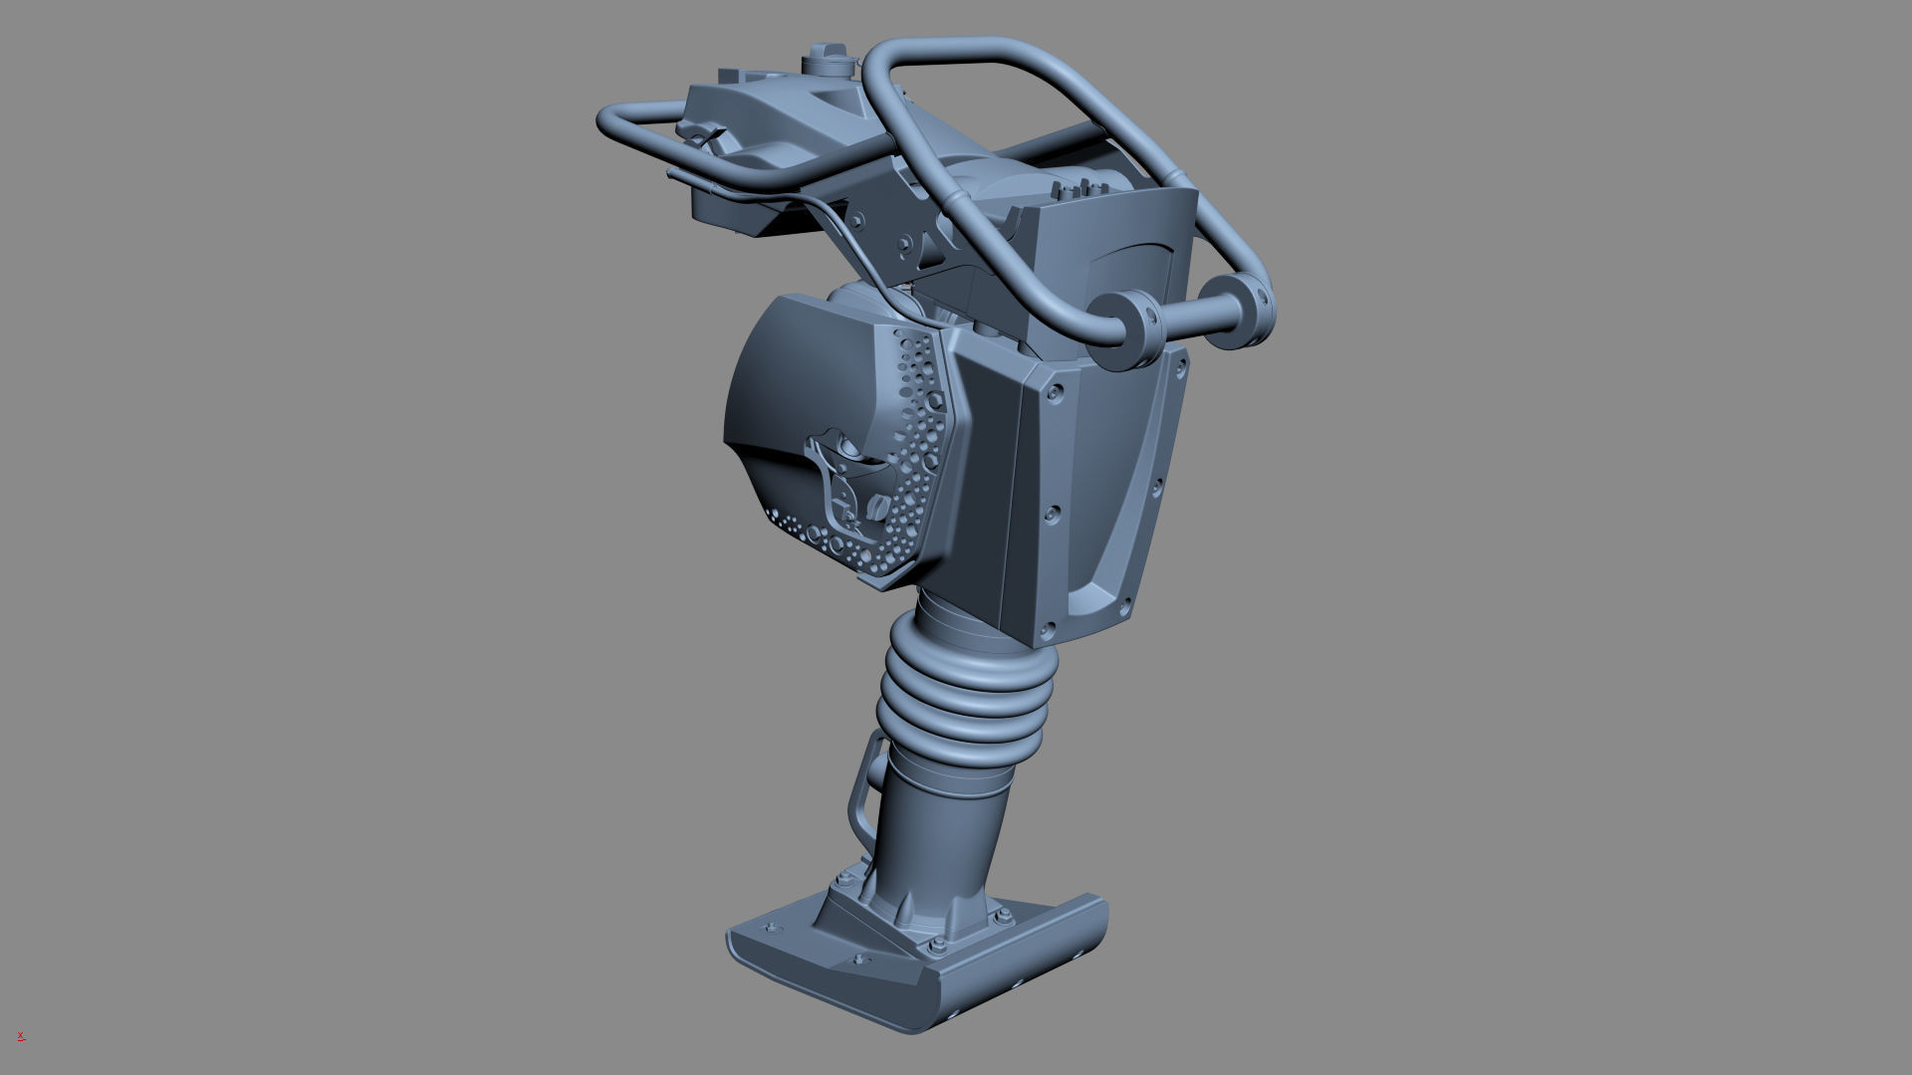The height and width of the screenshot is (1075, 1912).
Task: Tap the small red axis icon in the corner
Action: click(20, 1036)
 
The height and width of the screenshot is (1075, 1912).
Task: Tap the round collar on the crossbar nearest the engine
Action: click(1131, 330)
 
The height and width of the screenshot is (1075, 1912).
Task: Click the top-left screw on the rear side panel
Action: click(1055, 394)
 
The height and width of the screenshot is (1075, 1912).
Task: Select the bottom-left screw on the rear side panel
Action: click(1049, 629)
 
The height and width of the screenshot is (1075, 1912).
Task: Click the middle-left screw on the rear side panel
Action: click(1052, 514)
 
